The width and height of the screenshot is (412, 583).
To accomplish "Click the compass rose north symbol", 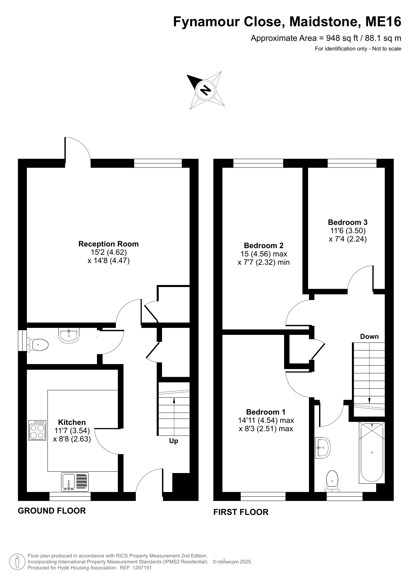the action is click(206, 90).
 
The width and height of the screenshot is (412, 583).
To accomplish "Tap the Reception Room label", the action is click(109, 244).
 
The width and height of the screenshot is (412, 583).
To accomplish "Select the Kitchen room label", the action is click(72, 422).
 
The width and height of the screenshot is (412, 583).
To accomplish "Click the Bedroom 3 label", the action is click(348, 222).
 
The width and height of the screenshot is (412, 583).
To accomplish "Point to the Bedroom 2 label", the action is click(264, 245).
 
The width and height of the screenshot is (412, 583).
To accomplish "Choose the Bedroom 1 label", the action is click(266, 412).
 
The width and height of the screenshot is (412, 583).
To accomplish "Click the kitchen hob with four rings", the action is click(37, 430).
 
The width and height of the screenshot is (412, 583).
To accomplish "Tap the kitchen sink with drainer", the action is click(75, 482).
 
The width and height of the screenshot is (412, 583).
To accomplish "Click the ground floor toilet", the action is click(38, 345).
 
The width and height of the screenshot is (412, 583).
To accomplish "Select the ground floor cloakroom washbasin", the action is click(69, 335).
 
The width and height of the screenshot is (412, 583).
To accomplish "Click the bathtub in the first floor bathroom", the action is click(372, 452).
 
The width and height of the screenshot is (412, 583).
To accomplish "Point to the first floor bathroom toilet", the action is click(332, 481).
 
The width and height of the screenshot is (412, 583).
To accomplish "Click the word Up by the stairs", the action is click(174, 441).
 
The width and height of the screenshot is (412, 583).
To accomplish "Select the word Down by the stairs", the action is click(369, 337).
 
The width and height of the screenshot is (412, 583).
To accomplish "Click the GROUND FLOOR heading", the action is click(52, 511).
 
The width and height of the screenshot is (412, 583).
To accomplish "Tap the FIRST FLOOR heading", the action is click(241, 512).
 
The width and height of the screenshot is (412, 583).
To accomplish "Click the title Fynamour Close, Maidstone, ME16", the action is click(287, 22).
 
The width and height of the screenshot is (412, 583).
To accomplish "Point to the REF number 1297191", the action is click(142, 568).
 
